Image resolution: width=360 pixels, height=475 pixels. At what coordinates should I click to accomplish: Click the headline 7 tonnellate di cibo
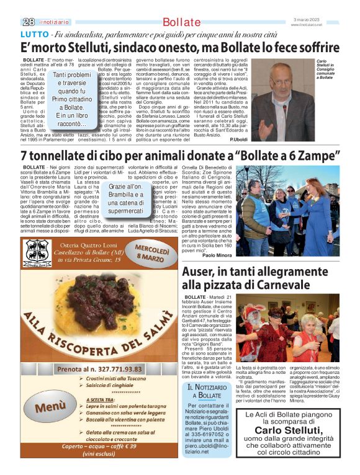[180, 153]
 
